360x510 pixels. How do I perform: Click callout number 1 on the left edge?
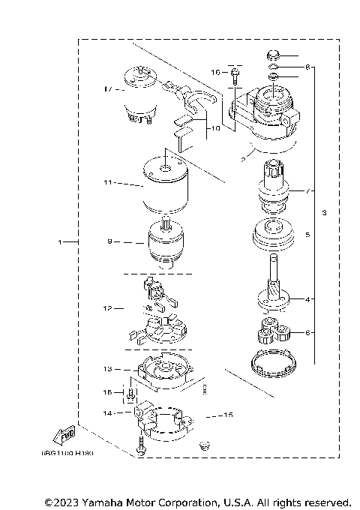tap(59, 242)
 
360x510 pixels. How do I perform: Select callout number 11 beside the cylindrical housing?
tap(108, 182)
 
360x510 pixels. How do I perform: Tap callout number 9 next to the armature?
tap(109, 242)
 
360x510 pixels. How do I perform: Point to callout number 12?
tap(108, 308)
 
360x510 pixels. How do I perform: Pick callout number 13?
tap(108, 369)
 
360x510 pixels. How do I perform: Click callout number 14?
tap(108, 412)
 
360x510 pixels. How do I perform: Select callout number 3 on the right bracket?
tap(324, 214)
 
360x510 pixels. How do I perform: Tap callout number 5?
tap(307, 234)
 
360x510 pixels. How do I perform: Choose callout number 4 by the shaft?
tap(307, 298)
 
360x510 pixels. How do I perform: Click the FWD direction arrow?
tap(64, 434)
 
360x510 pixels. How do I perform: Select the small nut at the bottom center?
tap(201, 446)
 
